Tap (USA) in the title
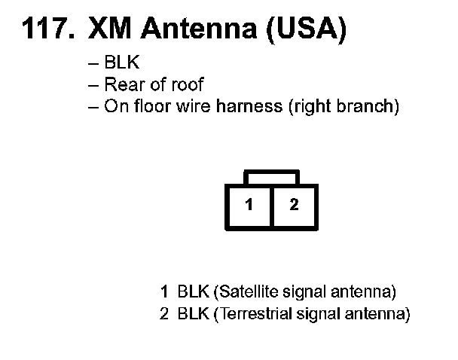click(310, 29)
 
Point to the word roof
click(188, 85)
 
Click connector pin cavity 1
click(249, 205)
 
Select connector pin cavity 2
click(294, 205)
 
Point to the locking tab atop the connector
click(271, 177)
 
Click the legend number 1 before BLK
click(163, 291)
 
